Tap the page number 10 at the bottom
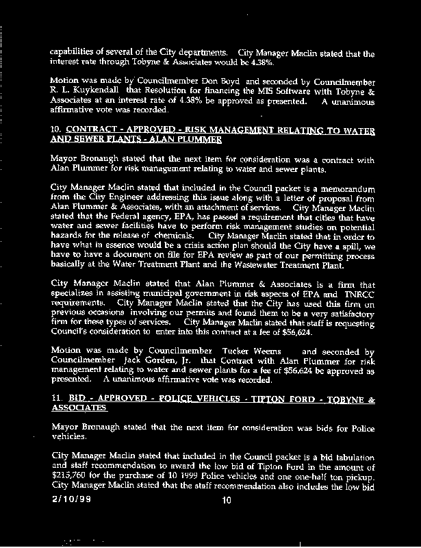point(228,501)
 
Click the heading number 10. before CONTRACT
point(57,129)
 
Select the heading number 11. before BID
point(57,398)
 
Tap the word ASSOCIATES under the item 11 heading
point(79,408)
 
